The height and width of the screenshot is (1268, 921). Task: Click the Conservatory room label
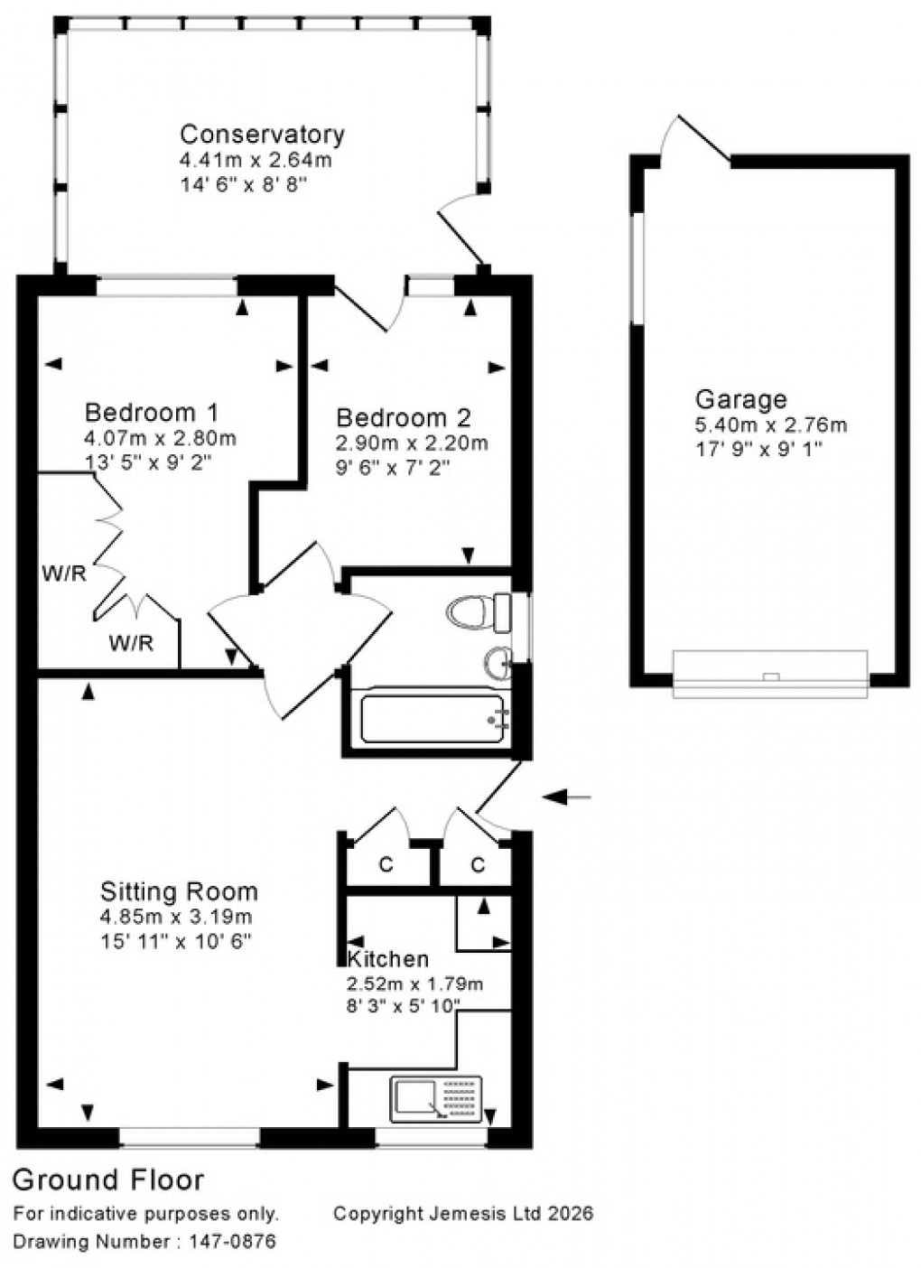click(x=262, y=135)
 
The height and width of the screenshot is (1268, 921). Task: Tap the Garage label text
click(x=740, y=399)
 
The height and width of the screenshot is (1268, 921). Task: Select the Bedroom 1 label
click(x=151, y=413)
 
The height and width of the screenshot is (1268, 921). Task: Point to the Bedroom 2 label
click(x=403, y=418)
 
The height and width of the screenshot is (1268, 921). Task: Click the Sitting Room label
click(x=179, y=891)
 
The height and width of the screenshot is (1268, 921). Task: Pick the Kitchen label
click(x=388, y=959)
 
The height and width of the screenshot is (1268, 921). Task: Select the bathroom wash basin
click(x=498, y=664)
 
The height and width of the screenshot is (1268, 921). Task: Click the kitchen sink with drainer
click(x=436, y=1098)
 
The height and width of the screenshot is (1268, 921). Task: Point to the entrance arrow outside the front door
click(x=566, y=797)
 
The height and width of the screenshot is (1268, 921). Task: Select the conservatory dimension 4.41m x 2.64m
click(x=256, y=161)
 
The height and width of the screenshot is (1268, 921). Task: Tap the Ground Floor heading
click(x=108, y=1179)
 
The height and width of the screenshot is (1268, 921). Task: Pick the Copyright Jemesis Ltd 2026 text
click(x=463, y=1213)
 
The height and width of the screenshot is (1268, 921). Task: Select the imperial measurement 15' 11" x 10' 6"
click(x=175, y=940)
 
